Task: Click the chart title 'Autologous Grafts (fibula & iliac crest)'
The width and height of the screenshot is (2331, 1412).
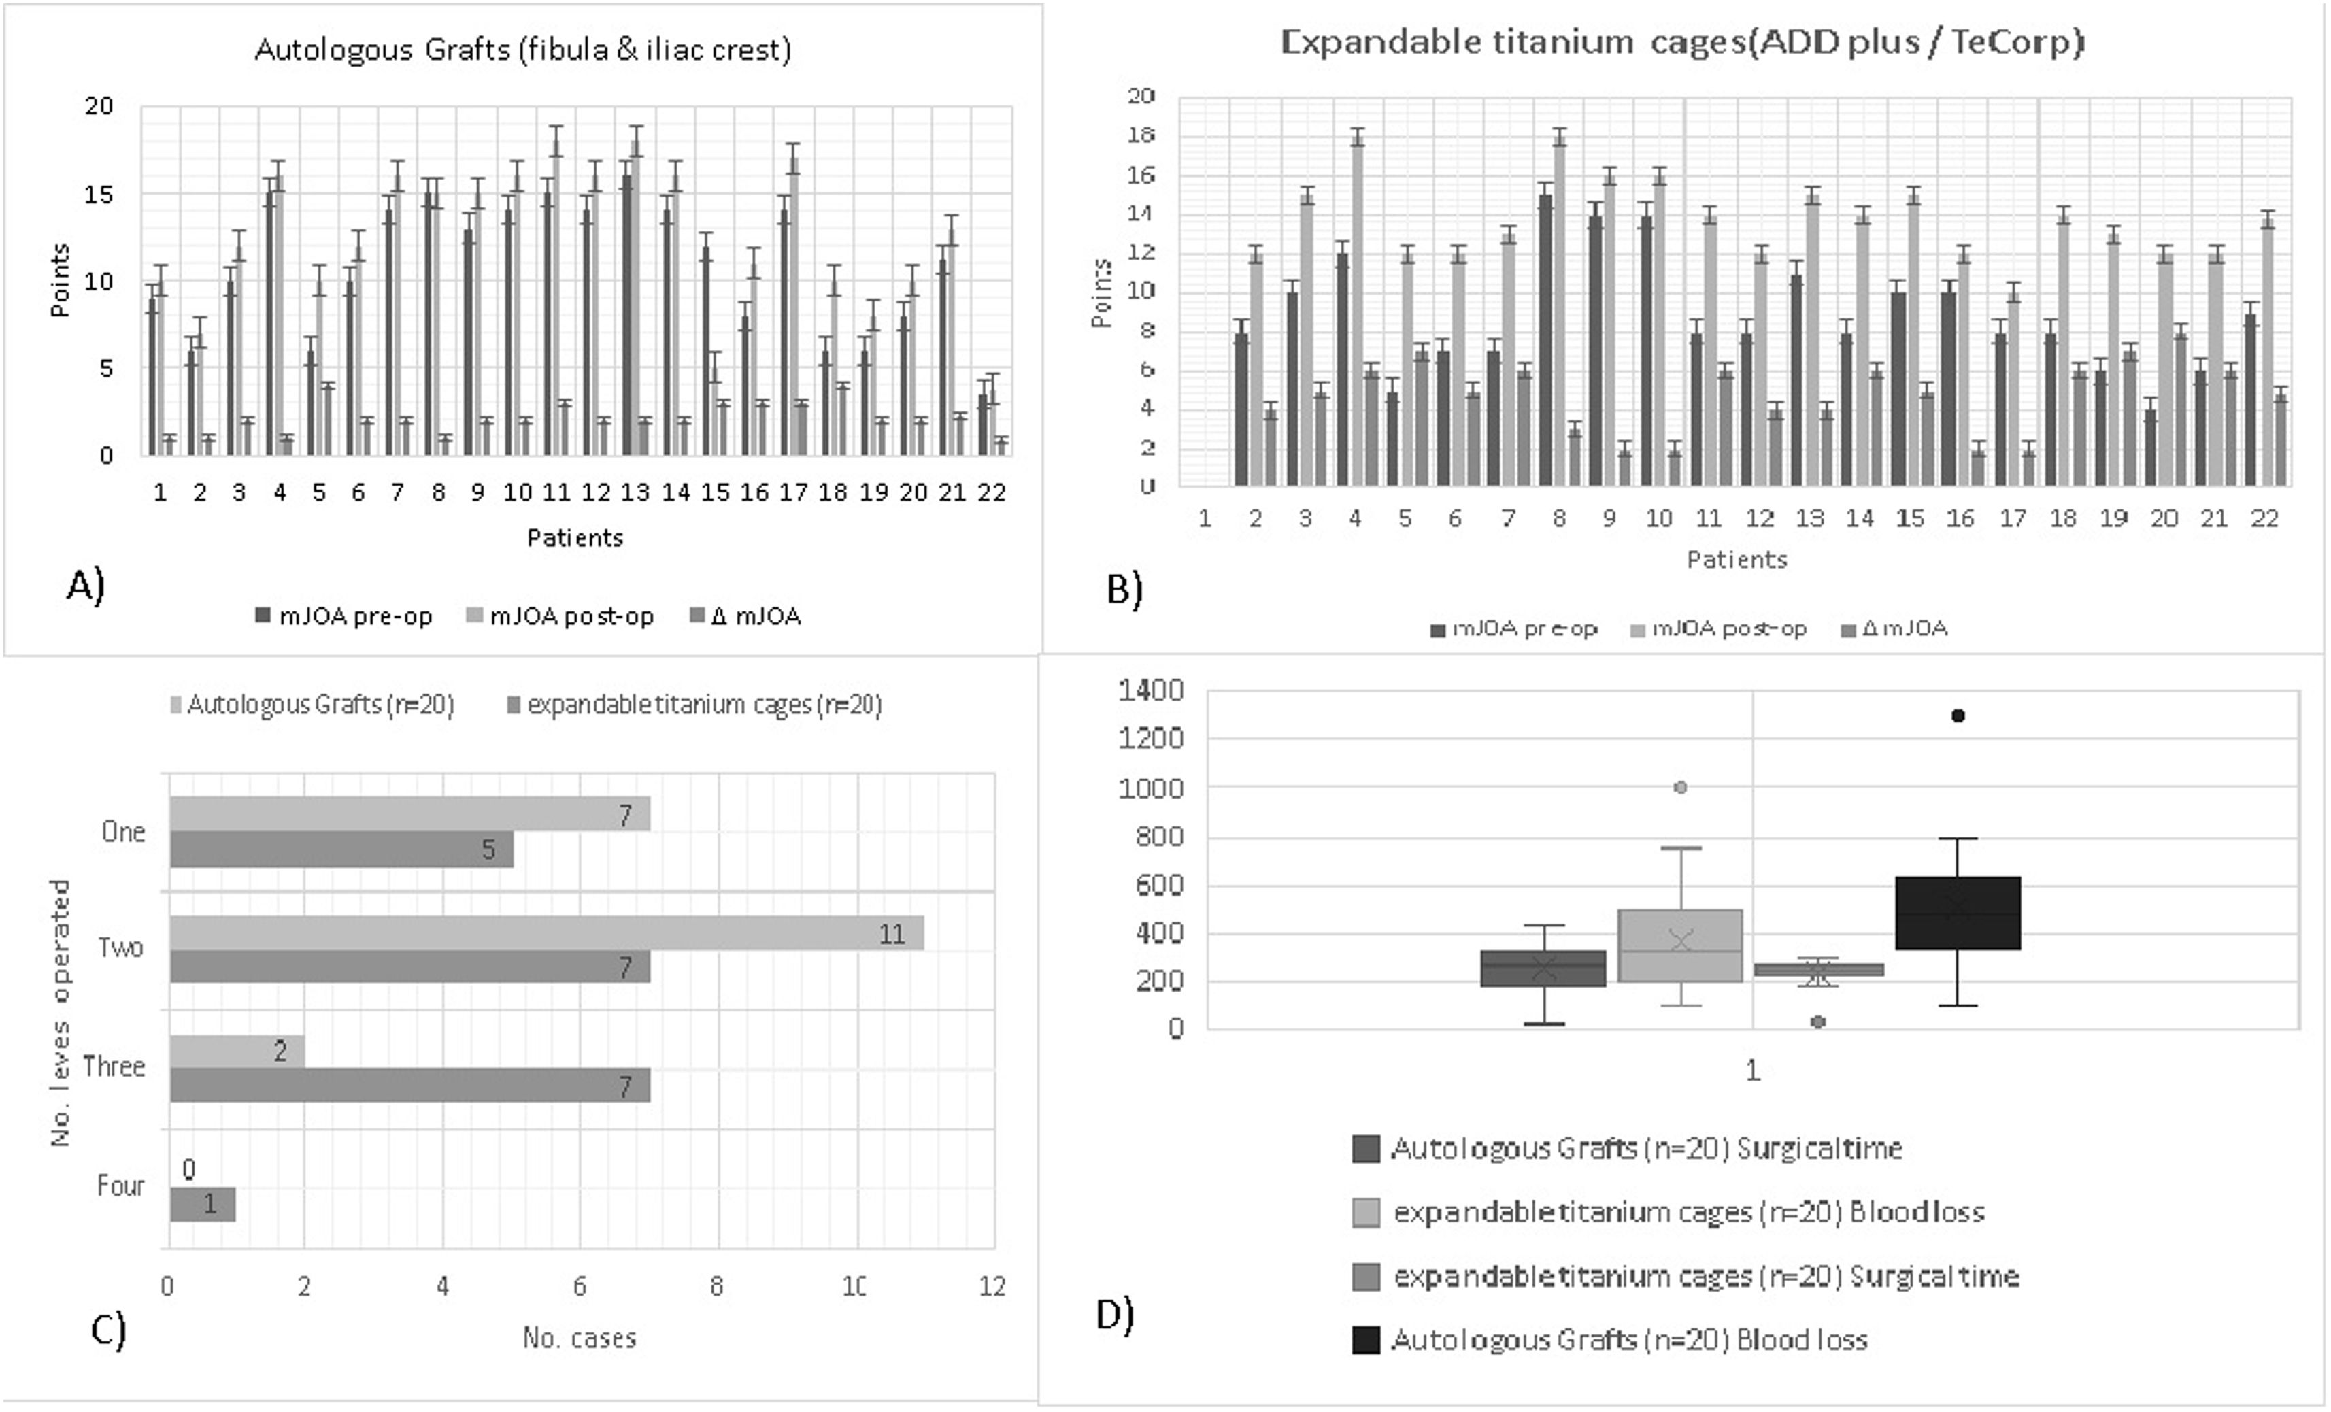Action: [522, 49]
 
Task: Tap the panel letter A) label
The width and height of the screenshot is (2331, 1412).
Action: [85, 586]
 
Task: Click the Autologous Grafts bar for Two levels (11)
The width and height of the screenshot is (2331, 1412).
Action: [547, 933]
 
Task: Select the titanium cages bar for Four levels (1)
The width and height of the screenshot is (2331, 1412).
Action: [203, 1204]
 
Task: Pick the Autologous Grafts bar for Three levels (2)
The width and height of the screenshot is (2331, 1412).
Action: [237, 1051]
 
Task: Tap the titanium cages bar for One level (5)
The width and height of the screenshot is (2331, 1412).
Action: [341, 850]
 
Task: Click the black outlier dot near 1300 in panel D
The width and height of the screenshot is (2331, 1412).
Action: [1958, 716]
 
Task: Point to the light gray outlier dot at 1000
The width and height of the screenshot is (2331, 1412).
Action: [1680, 787]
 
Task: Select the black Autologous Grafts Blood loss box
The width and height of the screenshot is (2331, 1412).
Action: [1958, 913]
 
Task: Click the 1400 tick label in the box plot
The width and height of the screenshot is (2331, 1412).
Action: [1150, 690]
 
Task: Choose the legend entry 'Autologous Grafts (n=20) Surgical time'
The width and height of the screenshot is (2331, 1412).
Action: [1646, 1148]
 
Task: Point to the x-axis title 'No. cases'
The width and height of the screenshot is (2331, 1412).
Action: [579, 1337]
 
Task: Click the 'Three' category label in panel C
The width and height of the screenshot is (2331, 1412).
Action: [114, 1066]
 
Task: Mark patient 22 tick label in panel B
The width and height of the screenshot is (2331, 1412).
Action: [2264, 518]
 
